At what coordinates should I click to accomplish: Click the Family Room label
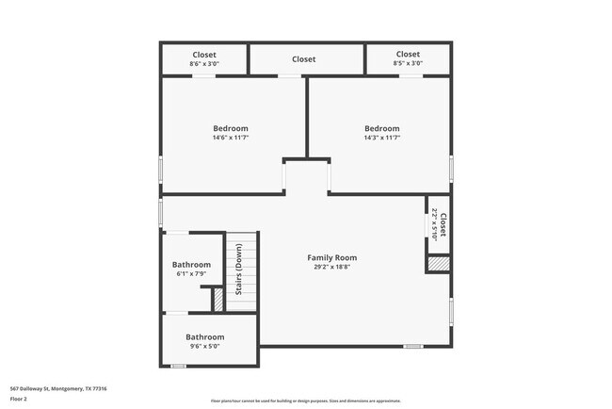pos(332,257)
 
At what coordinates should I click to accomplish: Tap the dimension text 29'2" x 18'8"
pos(332,267)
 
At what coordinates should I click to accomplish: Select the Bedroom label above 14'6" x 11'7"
pos(230,128)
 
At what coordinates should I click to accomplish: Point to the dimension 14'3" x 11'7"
pos(382,138)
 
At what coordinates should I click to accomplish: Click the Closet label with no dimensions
pos(303,59)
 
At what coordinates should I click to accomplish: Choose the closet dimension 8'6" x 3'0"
pos(204,63)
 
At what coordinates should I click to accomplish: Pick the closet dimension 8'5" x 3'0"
pos(408,63)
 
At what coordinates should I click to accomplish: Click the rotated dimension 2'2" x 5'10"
pos(434,224)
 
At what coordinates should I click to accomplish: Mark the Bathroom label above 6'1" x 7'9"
pos(191,265)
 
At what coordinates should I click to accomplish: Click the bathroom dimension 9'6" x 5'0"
pos(204,346)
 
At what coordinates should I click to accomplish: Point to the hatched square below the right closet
pos(438,264)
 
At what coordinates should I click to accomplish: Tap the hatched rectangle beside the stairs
pos(217,299)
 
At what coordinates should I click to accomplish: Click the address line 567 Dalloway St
pos(58,388)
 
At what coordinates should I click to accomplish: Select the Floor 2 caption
pos(20,399)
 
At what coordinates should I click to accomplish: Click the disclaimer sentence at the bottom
pos(305,400)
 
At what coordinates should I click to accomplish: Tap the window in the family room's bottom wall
pos(412,346)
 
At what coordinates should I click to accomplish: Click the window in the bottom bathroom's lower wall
pos(178,366)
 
